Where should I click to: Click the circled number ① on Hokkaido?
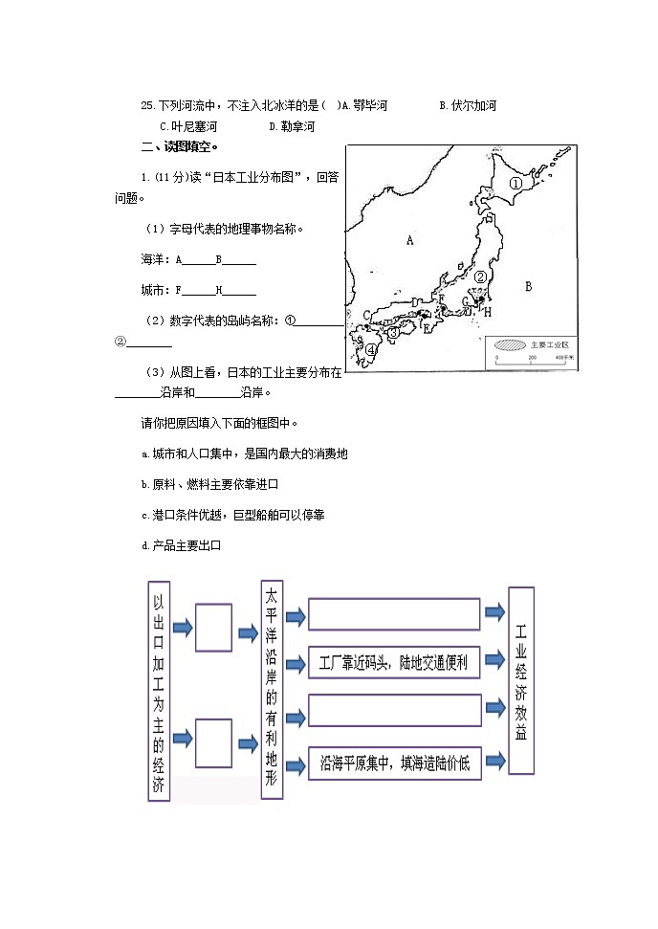515,183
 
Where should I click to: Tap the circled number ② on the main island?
481,276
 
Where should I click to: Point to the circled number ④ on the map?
371,350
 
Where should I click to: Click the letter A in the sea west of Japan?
409,240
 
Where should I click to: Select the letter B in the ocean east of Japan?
528,285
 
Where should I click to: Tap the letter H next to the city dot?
487,312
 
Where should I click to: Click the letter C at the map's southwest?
366,313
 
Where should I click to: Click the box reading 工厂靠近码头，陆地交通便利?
394,662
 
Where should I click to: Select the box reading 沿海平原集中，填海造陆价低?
394,763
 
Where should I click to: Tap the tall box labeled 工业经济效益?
521,679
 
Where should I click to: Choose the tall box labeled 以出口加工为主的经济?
159,689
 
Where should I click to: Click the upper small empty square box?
213,628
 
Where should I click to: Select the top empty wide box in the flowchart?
394,614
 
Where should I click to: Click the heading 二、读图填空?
179,146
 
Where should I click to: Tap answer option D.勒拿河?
291,126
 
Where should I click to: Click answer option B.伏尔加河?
467,106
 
